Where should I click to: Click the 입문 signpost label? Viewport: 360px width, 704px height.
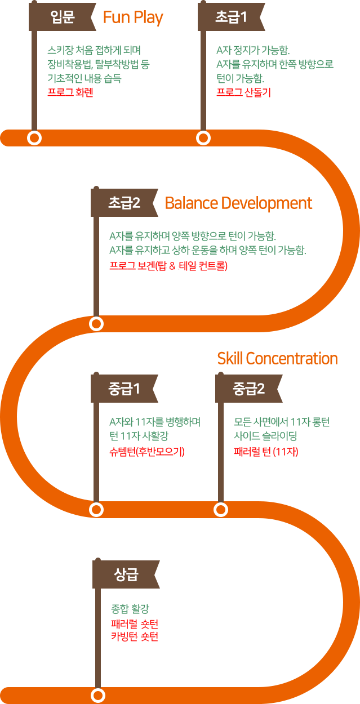click(x=63, y=17)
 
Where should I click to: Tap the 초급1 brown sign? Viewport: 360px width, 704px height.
click(x=231, y=17)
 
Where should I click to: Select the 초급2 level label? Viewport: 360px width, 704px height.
click(x=124, y=203)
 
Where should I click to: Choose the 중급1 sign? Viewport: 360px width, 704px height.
click(x=124, y=389)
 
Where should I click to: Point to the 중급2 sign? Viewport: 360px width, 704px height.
click(x=248, y=389)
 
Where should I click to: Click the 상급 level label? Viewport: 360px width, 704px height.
click(x=126, y=574)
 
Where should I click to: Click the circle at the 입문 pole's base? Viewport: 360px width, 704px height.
click(x=34, y=138)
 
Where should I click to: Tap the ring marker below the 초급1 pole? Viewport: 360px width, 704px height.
click(x=203, y=138)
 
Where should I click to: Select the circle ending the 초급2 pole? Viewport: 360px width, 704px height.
click(x=96, y=324)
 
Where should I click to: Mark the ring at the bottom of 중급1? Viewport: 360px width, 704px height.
click(x=96, y=510)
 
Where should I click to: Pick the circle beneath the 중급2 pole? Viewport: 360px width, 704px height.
click(x=221, y=510)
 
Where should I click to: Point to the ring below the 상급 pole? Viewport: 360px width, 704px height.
click(x=98, y=696)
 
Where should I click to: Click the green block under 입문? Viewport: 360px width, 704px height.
click(x=96, y=64)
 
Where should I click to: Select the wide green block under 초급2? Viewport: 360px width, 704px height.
click(x=208, y=243)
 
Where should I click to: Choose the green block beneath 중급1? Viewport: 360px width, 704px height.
click(x=155, y=429)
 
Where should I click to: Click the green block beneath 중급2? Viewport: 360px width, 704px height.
click(x=281, y=429)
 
